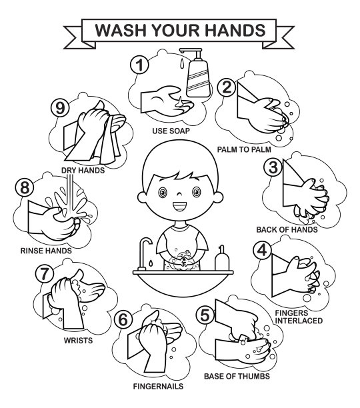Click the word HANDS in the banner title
(x=235, y=30)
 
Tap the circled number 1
(x=140, y=65)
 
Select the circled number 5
(x=205, y=315)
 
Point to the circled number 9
(x=60, y=108)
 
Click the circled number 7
(x=45, y=273)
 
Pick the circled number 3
(x=273, y=167)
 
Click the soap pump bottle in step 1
(x=198, y=73)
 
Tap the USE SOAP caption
(x=171, y=131)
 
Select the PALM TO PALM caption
(x=244, y=149)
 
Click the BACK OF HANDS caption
(x=287, y=230)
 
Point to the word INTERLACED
(x=299, y=321)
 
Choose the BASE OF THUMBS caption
(x=237, y=377)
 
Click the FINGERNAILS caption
(x=158, y=387)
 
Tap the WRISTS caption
(x=78, y=341)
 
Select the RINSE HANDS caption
(x=46, y=251)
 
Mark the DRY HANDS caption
(x=83, y=171)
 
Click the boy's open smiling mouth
(x=180, y=207)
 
